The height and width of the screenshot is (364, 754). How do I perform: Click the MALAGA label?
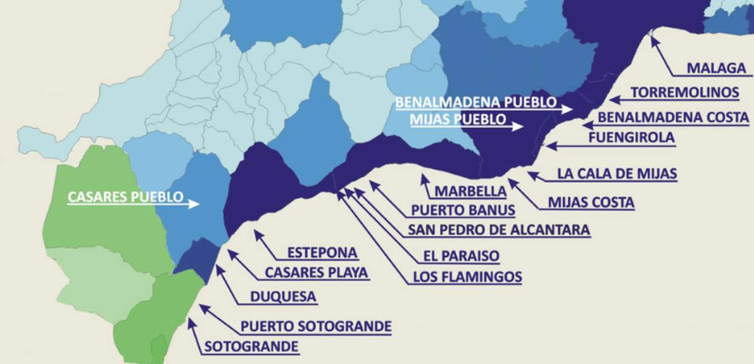[x=716, y=68]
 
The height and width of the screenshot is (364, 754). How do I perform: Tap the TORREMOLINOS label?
[x=685, y=92]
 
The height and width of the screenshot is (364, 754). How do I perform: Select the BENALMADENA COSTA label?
[x=673, y=117]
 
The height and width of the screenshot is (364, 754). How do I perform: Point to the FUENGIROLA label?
[x=631, y=138]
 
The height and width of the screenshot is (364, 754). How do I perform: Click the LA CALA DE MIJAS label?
[x=616, y=174]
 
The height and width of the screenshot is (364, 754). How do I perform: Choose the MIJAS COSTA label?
[x=591, y=203]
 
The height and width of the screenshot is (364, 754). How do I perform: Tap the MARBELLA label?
[x=470, y=191]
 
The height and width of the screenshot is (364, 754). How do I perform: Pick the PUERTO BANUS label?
[x=462, y=211]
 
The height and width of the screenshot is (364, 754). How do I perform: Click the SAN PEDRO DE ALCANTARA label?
[x=498, y=230]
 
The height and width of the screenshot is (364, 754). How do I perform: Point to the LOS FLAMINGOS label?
[x=467, y=277]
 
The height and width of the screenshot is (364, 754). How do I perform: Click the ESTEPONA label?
[x=322, y=252]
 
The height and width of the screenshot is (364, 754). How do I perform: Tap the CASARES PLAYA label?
[x=316, y=273]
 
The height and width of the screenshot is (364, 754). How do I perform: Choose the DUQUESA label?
[x=283, y=297]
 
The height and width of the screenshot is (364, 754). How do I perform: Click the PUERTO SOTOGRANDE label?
[x=316, y=326]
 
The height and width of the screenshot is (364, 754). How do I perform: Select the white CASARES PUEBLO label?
[x=125, y=197]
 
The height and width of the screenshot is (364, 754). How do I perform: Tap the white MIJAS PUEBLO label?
[x=458, y=120]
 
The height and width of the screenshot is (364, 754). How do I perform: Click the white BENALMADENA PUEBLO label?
[x=476, y=103]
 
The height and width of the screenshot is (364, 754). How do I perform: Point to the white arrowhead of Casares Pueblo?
[x=194, y=204]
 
